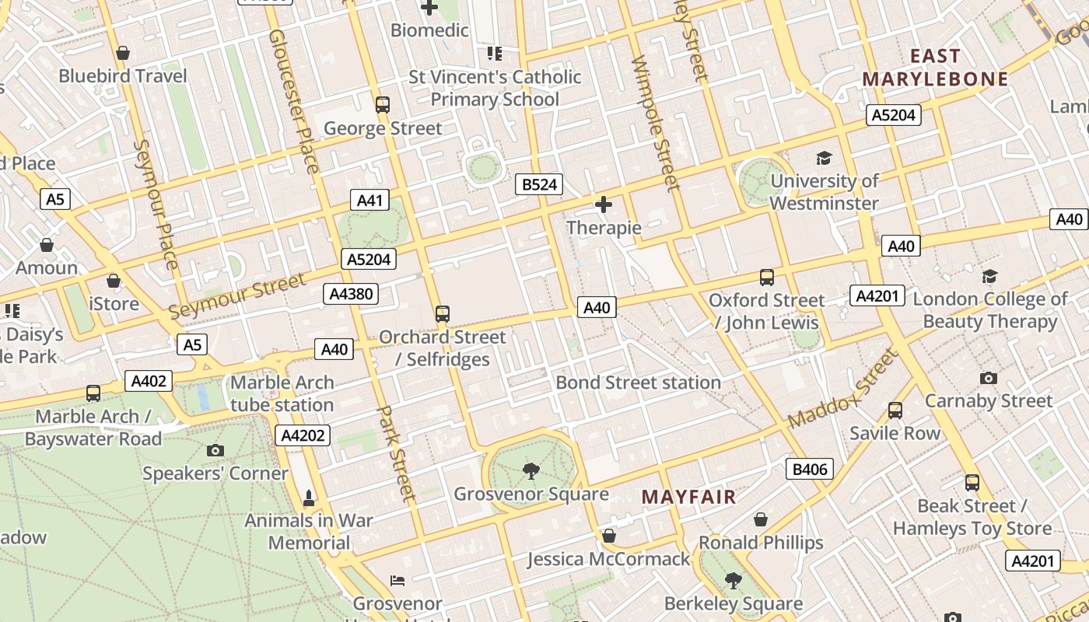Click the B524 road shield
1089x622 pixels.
coord(539,184)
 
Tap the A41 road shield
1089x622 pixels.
coord(369,201)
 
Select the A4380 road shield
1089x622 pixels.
coord(352,294)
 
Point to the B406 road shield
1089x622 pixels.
coord(810,469)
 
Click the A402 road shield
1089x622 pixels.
coord(149,381)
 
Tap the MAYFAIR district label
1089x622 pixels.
coord(688,497)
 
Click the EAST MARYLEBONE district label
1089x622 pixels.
coord(935,68)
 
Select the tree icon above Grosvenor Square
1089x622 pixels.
coord(531,470)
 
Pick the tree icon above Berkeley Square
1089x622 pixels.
coord(733,580)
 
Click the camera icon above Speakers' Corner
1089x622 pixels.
coord(215,450)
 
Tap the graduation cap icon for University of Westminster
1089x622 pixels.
coord(824,159)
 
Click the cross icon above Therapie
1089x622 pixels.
coord(604,204)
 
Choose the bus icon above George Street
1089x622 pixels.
coord(382,105)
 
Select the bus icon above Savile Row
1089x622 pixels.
coord(895,410)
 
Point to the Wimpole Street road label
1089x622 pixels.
coord(655,124)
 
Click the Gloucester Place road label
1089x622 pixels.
coord(293,101)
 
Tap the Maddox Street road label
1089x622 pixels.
coord(843,388)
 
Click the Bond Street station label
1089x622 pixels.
coord(638,383)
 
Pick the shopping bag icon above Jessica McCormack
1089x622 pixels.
coord(609,536)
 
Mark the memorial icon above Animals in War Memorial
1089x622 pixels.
coord(309,498)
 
